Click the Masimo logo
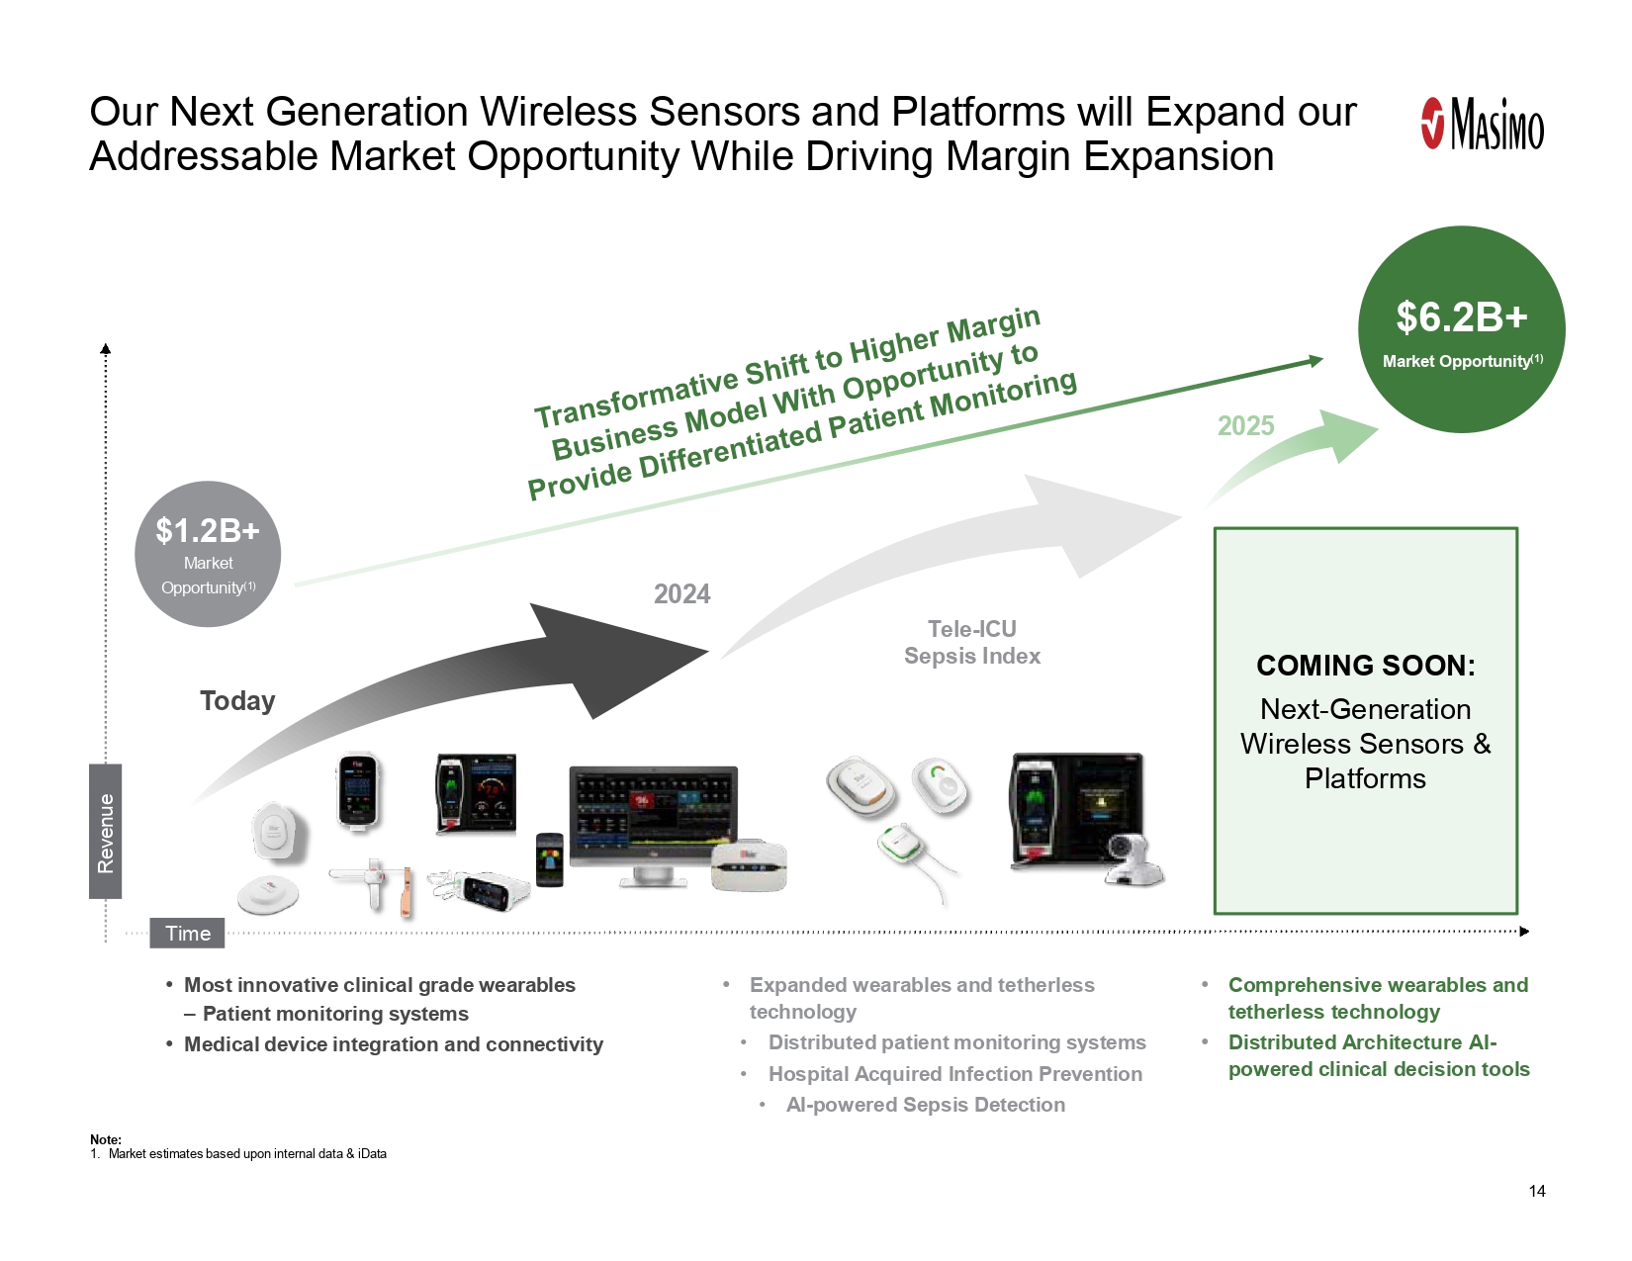pyautogui.click(x=1482, y=124)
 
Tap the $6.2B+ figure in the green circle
pyautogui.click(x=1462, y=316)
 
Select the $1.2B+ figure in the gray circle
pyautogui.click(x=208, y=530)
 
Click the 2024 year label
pyautogui.click(x=681, y=594)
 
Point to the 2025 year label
pyautogui.click(x=1245, y=426)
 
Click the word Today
pyautogui.click(x=237, y=701)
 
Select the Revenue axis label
pyautogui.click(x=105, y=832)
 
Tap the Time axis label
pyautogui.click(x=187, y=933)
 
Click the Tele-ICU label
pyautogui.click(x=972, y=629)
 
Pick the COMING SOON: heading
pyautogui.click(x=1365, y=666)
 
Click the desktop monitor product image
pyautogui.click(x=653, y=825)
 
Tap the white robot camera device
pyautogui.click(x=1133, y=859)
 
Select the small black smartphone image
pyautogui.click(x=549, y=859)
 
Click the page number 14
pyautogui.click(x=1537, y=1191)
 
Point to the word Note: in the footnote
pyautogui.click(x=105, y=1139)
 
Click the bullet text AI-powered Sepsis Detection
pyautogui.click(x=925, y=1105)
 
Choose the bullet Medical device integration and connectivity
pyautogui.click(x=394, y=1044)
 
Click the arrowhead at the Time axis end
pyautogui.click(x=1524, y=932)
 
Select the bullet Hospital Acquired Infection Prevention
pyautogui.click(x=955, y=1074)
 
